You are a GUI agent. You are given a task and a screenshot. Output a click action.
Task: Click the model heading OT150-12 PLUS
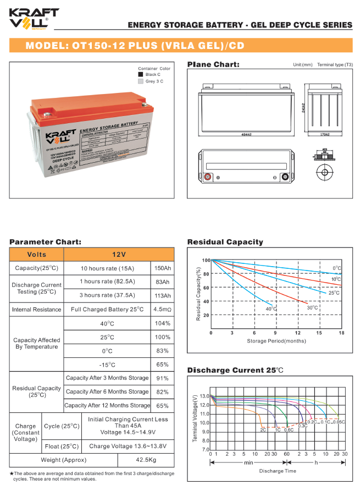(x=135, y=46)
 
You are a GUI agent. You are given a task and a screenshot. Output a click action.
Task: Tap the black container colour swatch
(x=141, y=74)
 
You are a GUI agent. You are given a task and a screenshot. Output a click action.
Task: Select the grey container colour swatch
(x=141, y=81)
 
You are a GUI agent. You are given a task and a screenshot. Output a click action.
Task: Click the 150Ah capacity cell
(x=163, y=268)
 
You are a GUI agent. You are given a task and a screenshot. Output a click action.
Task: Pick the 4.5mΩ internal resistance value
(x=163, y=310)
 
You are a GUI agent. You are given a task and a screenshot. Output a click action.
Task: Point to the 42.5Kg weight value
(x=146, y=460)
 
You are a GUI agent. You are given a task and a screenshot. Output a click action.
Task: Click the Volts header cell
(x=37, y=255)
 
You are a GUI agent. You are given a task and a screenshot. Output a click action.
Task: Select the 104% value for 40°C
(x=163, y=323)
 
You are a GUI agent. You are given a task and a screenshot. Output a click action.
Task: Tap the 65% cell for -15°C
(x=163, y=365)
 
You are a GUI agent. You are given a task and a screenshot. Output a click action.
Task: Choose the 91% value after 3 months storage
(x=163, y=378)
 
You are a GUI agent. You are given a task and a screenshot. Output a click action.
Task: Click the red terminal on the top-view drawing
(x=208, y=177)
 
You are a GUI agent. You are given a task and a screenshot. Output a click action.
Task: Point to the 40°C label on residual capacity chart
(x=271, y=310)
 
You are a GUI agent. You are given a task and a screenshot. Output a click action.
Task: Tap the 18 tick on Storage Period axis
(x=341, y=333)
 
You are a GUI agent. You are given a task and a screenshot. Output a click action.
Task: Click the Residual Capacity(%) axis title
(x=198, y=294)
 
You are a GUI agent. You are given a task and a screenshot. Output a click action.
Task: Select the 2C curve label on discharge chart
(x=263, y=429)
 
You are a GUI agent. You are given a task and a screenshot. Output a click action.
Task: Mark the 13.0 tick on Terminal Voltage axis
(x=204, y=396)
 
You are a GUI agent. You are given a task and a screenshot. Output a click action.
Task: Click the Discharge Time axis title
(x=278, y=471)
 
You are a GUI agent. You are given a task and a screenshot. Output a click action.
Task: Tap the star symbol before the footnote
(x=12, y=473)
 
